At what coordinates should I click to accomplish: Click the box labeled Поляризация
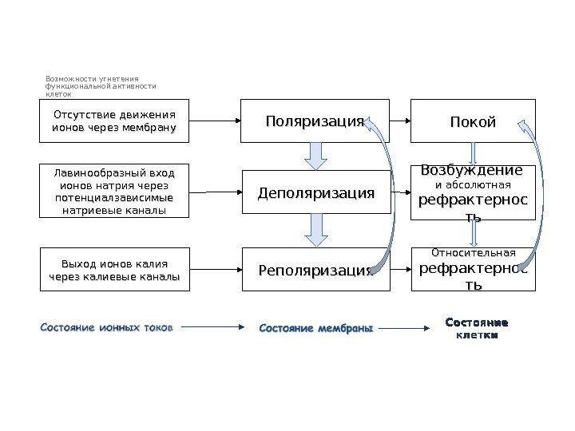click(315, 121)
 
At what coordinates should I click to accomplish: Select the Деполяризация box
click(315, 192)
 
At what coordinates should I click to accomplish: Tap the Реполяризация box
click(315, 270)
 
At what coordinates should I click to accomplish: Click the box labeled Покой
click(473, 121)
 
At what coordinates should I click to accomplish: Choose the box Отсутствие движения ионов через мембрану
click(114, 121)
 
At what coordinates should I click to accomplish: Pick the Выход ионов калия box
click(114, 270)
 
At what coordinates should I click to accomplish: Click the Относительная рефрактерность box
click(473, 270)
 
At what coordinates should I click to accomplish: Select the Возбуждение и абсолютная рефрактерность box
click(473, 192)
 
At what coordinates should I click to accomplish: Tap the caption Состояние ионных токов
click(105, 326)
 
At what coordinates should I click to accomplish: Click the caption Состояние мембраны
click(316, 327)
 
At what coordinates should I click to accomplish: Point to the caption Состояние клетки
click(475, 328)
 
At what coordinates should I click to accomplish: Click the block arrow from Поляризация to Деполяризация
click(316, 155)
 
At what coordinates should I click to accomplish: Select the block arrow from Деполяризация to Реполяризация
click(316, 231)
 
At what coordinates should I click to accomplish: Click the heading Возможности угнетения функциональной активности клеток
click(101, 87)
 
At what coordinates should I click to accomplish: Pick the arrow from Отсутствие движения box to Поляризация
click(216, 121)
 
